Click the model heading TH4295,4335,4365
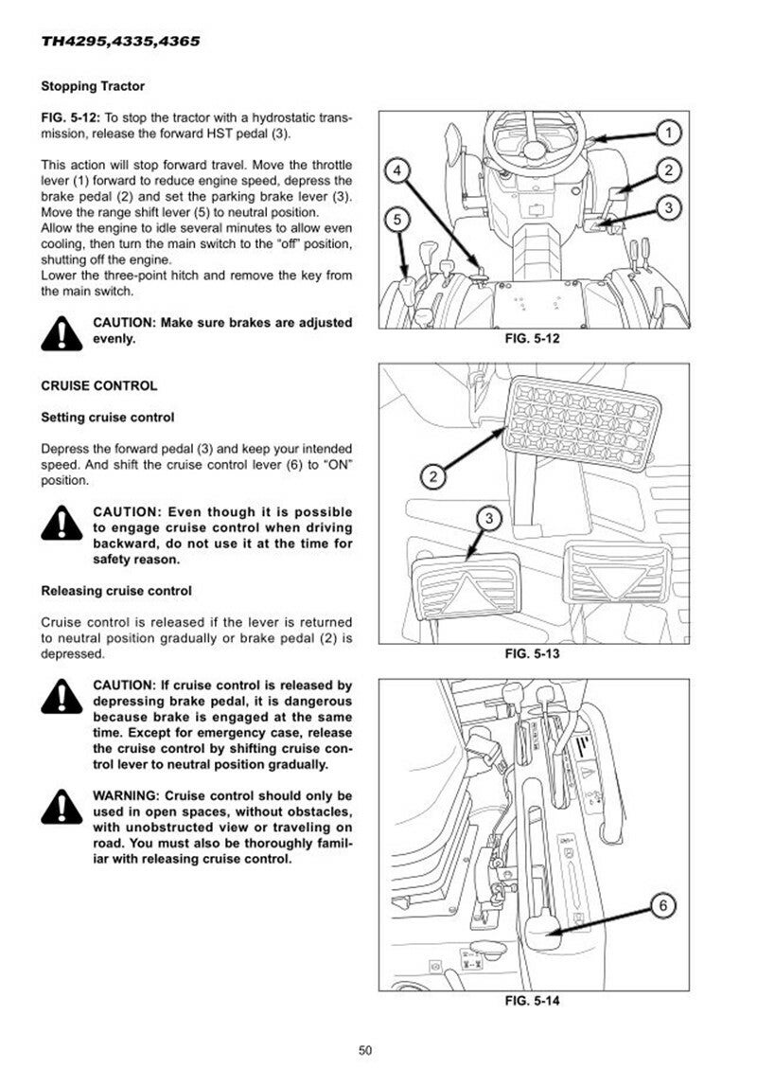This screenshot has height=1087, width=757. [120, 43]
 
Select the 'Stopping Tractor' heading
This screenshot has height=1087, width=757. [93, 86]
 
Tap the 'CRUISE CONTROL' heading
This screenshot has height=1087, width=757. [99, 386]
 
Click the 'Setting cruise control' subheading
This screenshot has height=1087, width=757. [108, 417]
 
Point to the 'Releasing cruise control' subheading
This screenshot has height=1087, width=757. [116, 591]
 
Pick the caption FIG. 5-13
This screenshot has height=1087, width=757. [536, 654]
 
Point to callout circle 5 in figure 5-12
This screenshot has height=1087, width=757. [398, 220]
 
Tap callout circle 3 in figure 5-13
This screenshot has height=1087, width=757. [488, 518]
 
